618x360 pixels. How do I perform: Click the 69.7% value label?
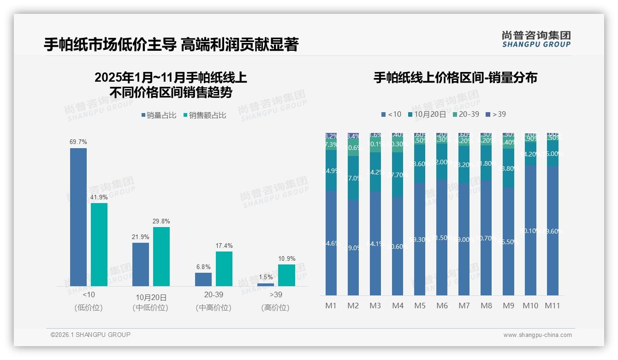(78, 142)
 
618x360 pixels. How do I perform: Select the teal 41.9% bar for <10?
(99, 245)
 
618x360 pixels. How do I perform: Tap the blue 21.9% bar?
(141, 264)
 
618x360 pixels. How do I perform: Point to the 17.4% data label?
(224, 246)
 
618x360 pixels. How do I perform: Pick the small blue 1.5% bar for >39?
(266, 284)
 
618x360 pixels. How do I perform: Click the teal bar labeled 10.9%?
(286, 275)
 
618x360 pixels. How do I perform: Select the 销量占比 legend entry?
(159, 115)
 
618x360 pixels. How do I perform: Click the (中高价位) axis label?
(213, 307)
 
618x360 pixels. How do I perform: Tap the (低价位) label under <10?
(89, 307)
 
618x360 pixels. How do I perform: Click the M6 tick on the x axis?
(442, 306)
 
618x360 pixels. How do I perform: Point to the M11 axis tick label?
(552, 306)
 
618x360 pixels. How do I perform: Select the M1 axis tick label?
(331, 306)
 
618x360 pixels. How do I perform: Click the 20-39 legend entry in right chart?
(465, 114)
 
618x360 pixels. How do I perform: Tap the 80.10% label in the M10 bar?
(531, 231)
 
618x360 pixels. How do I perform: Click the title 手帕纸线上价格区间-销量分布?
(455, 78)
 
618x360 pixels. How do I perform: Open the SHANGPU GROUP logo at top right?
(536, 39)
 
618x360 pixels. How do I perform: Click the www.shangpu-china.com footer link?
(537, 335)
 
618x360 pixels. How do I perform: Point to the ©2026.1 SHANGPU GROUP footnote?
(90, 335)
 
